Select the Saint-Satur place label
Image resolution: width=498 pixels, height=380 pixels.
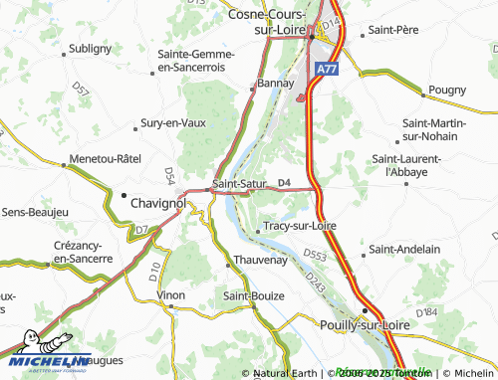coord(236,183)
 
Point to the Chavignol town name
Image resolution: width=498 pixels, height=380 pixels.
coord(159,203)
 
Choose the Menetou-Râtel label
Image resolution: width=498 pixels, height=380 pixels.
coord(106,158)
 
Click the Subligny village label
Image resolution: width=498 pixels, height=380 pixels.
coord(90,48)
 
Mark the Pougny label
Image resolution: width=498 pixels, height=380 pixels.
coord(447,91)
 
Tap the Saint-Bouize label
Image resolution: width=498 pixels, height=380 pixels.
coord(253,295)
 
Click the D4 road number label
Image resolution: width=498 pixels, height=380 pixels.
coord(284,182)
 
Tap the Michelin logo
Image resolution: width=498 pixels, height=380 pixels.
coord(46,363)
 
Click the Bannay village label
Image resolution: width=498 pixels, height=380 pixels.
coord(274,84)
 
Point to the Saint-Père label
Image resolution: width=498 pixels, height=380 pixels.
coord(391,31)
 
